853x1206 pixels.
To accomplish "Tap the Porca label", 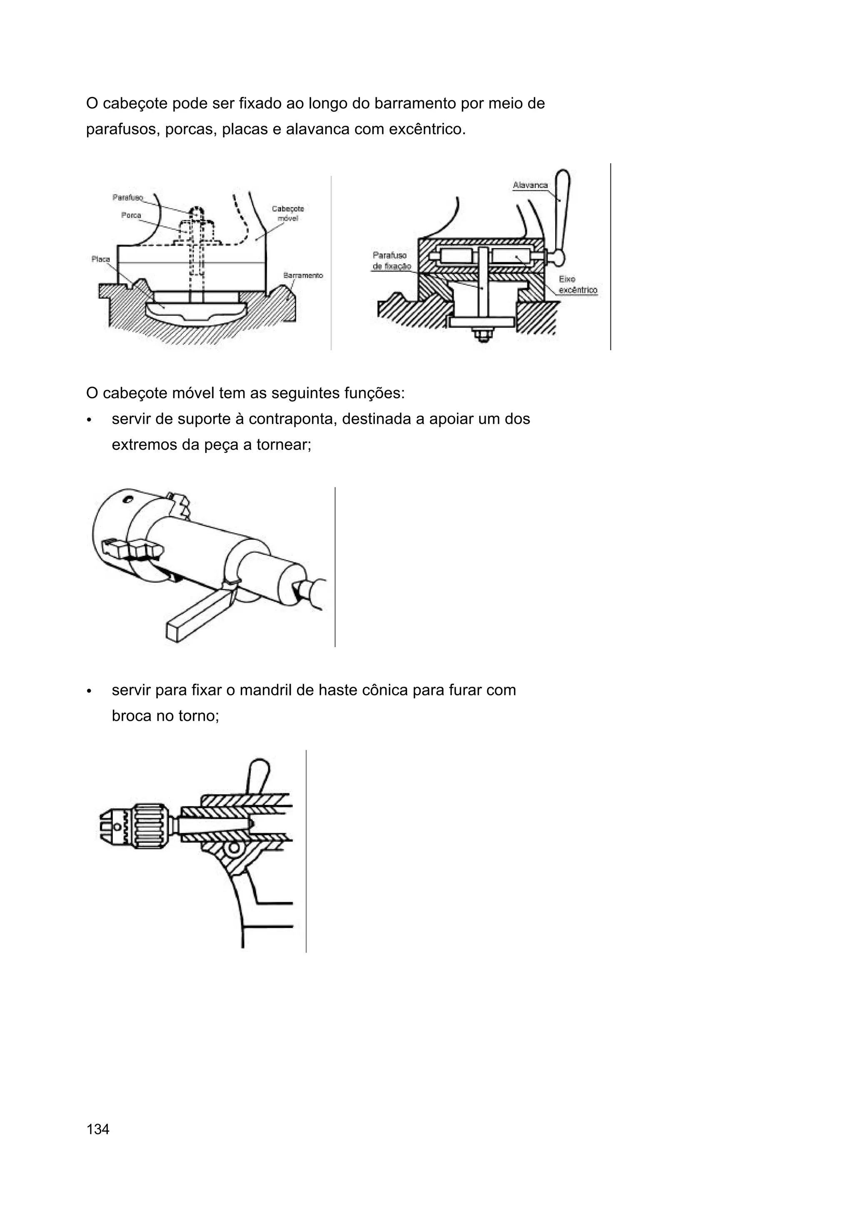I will point(131,216).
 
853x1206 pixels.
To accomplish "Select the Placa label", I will point(100,259).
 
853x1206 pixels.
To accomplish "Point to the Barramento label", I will point(303,275).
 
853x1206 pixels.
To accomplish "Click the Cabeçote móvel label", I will point(287,213).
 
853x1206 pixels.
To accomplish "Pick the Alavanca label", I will point(530,185).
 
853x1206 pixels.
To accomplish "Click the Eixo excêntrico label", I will point(578,285).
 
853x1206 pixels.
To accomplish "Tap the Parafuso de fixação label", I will point(390,261).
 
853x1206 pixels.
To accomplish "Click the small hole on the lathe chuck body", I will point(127,499).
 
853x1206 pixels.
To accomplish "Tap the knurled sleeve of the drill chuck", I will point(150,826).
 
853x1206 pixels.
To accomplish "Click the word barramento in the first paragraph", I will point(407,104).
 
